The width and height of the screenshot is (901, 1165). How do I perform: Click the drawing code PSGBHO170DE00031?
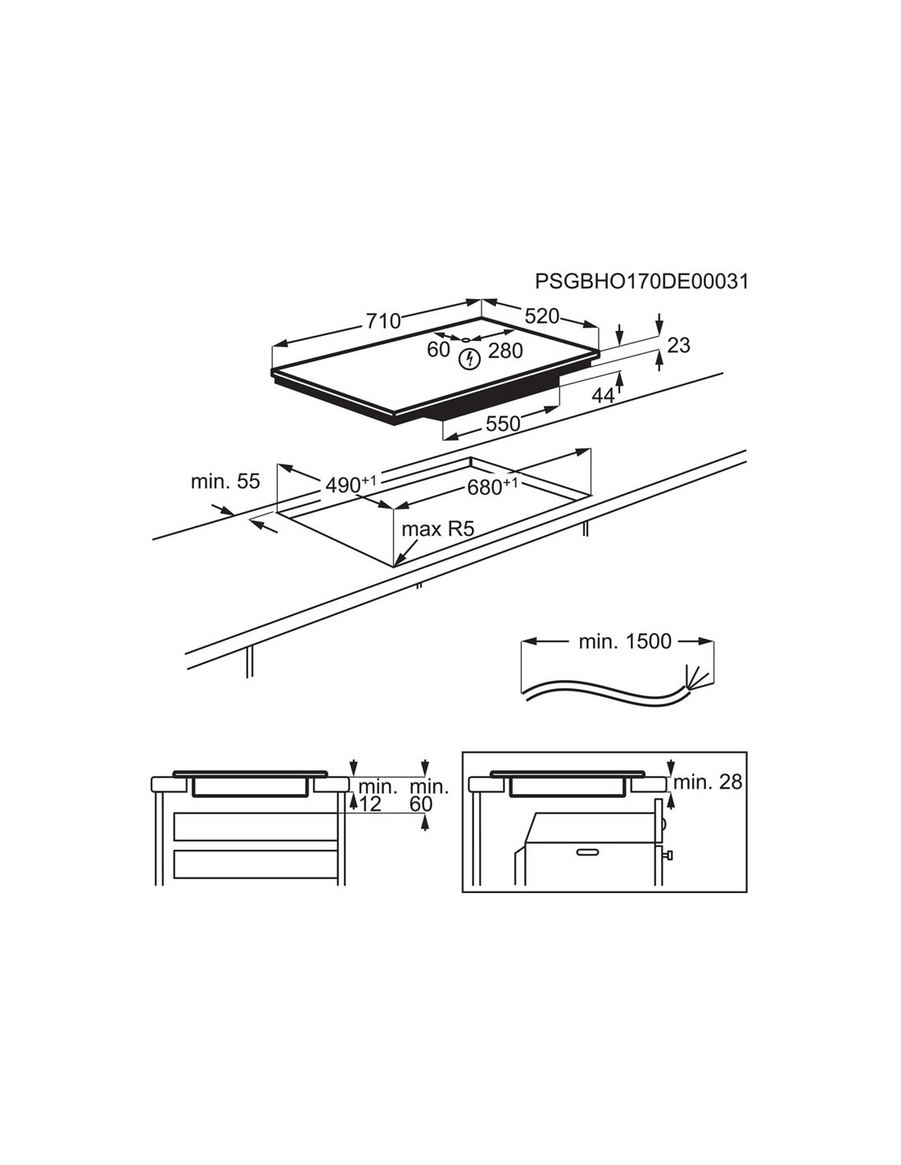coord(641,282)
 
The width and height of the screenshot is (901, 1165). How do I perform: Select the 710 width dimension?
coord(383,321)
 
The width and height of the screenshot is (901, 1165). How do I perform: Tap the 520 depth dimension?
coord(541,316)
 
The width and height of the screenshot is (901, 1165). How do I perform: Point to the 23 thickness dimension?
coord(678,345)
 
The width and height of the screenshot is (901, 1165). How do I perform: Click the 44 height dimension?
coord(603,396)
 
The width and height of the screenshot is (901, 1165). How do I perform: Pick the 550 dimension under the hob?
coord(503,424)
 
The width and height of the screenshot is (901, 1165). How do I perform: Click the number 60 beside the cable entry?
coord(438,350)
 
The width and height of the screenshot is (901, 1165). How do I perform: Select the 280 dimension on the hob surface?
coord(505,351)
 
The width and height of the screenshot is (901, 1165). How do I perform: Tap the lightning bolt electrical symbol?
coord(470,359)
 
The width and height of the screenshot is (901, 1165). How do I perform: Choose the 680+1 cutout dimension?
coord(492,487)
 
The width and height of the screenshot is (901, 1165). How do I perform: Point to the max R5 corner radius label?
coord(438,530)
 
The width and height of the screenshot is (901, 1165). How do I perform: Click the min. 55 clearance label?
coord(225,482)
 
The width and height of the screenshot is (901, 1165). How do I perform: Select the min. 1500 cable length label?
coord(625,641)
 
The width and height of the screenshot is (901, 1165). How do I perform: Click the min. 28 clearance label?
coord(708,782)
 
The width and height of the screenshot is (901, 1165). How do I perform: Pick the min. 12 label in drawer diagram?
coord(378,796)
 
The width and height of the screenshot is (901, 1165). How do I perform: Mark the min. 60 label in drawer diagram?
coord(428,796)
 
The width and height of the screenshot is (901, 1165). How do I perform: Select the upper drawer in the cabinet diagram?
coord(256,826)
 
